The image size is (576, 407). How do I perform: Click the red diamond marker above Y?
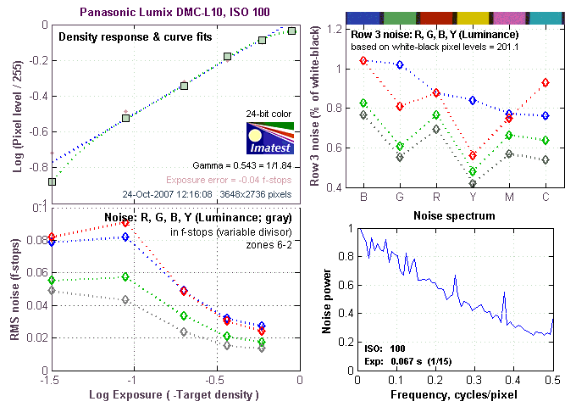point(472,155)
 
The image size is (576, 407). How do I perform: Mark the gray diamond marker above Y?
point(472,183)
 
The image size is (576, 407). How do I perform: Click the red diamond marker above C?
point(545,82)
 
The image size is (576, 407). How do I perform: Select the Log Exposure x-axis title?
point(174,395)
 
